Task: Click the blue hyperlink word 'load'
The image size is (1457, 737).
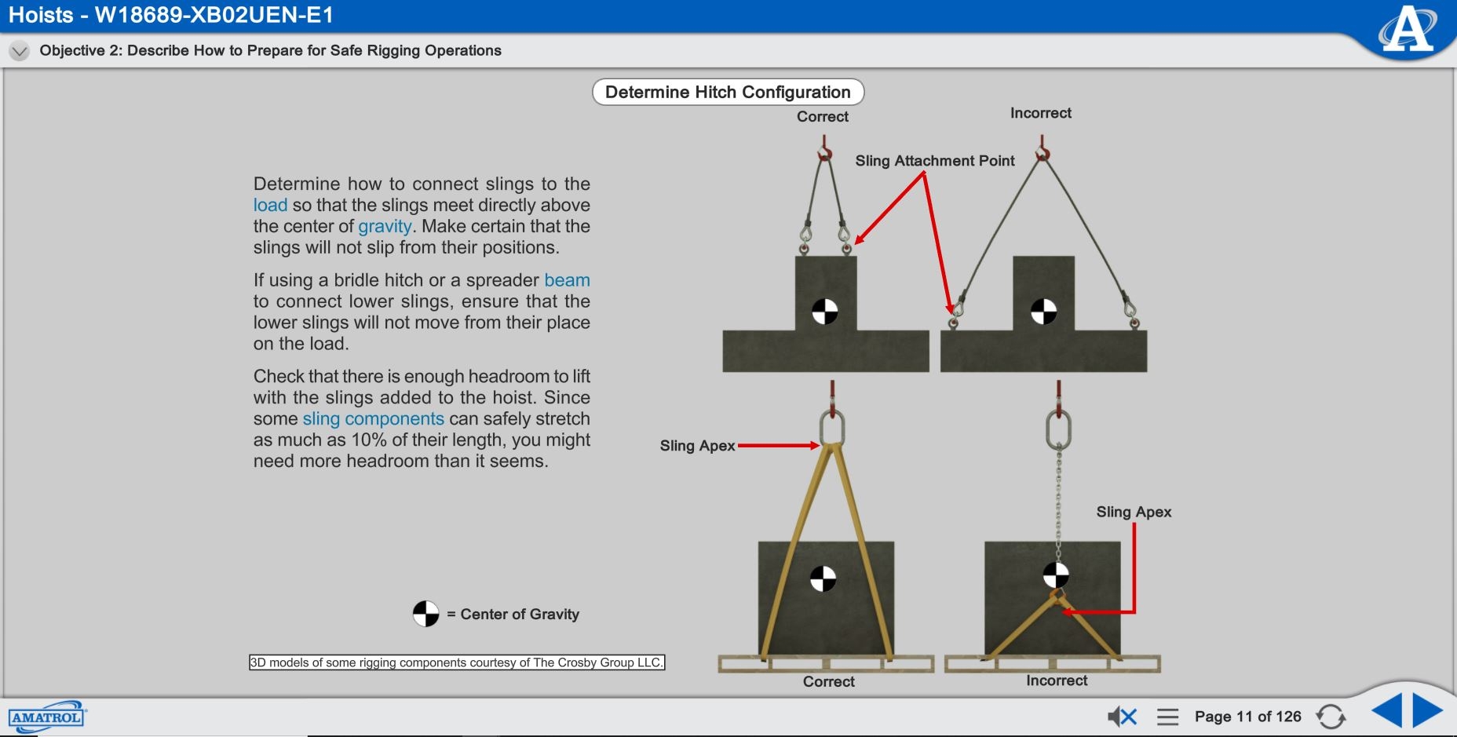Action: (270, 206)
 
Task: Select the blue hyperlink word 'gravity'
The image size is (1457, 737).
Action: (385, 227)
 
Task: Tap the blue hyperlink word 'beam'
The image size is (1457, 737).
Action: (567, 280)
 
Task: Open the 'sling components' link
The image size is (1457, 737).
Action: (373, 419)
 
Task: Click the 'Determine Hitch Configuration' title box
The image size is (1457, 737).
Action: (728, 92)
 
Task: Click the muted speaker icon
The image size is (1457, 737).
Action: (1122, 716)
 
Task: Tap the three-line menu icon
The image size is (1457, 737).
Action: (1167, 716)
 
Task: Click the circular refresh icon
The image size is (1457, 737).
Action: (1331, 716)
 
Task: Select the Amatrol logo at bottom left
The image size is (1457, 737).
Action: (46, 717)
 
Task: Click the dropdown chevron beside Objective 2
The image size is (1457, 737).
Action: (19, 51)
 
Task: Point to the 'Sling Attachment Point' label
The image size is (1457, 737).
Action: (934, 161)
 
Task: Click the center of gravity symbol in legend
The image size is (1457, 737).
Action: (425, 614)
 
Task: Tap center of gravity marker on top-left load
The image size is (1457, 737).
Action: (824, 311)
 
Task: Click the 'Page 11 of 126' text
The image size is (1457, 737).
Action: (1247, 716)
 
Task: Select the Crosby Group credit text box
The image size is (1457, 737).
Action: (456, 662)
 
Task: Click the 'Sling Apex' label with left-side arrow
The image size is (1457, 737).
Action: (697, 446)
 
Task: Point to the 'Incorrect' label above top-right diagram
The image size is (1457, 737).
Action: (1040, 113)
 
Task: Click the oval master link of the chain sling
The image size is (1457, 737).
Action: (1058, 429)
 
